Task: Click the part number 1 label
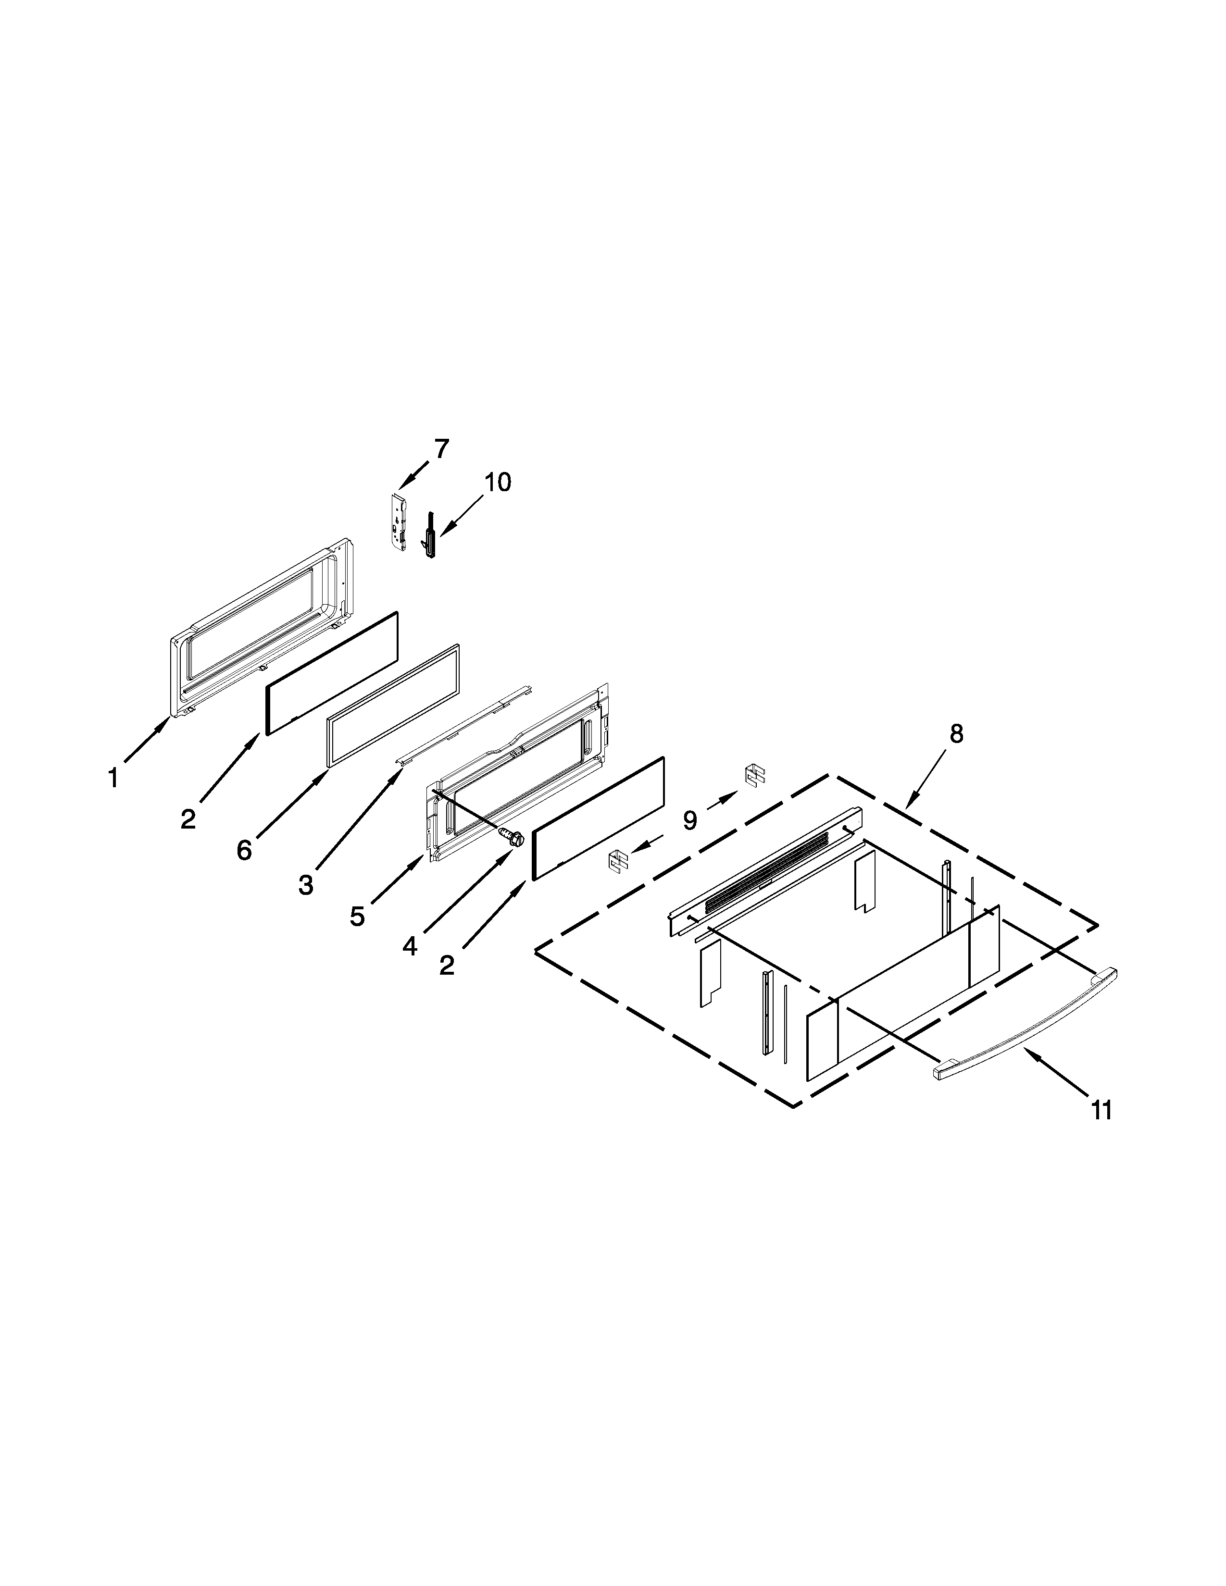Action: (x=113, y=779)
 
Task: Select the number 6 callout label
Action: (x=244, y=849)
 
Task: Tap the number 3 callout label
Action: (x=306, y=884)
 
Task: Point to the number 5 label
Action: (x=357, y=917)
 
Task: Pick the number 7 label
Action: (x=441, y=449)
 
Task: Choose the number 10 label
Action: (x=498, y=482)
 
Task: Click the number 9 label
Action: (x=689, y=820)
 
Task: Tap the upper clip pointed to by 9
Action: (x=755, y=776)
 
